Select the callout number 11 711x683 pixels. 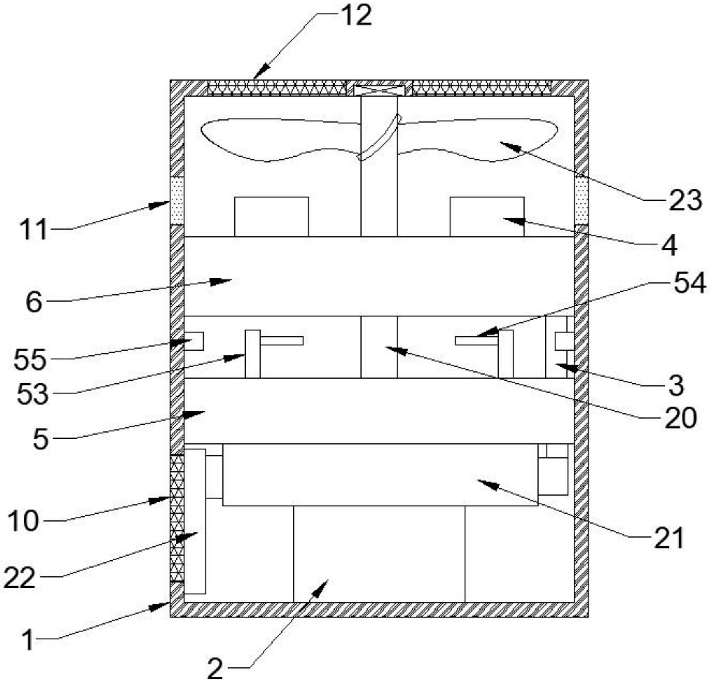[x=34, y=230]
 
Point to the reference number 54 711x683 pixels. [x=690, y=283]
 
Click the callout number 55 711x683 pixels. [x=30, y=359]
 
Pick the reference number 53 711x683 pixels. [x=33, y=395]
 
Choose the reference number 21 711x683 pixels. [x=669, y=538]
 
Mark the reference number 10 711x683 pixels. [x=24, y=521]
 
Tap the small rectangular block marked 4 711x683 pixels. [x=487, y=216]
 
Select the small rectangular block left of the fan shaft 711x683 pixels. [x=271, y=216]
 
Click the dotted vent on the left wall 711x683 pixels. [x=177, y=201]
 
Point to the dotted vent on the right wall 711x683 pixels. [x=581, y=201]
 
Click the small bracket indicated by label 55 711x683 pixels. [x=195, y=341]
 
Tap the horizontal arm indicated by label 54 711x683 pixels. [x=477, y=341]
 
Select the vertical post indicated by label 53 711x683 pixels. [x=252, y=354]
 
